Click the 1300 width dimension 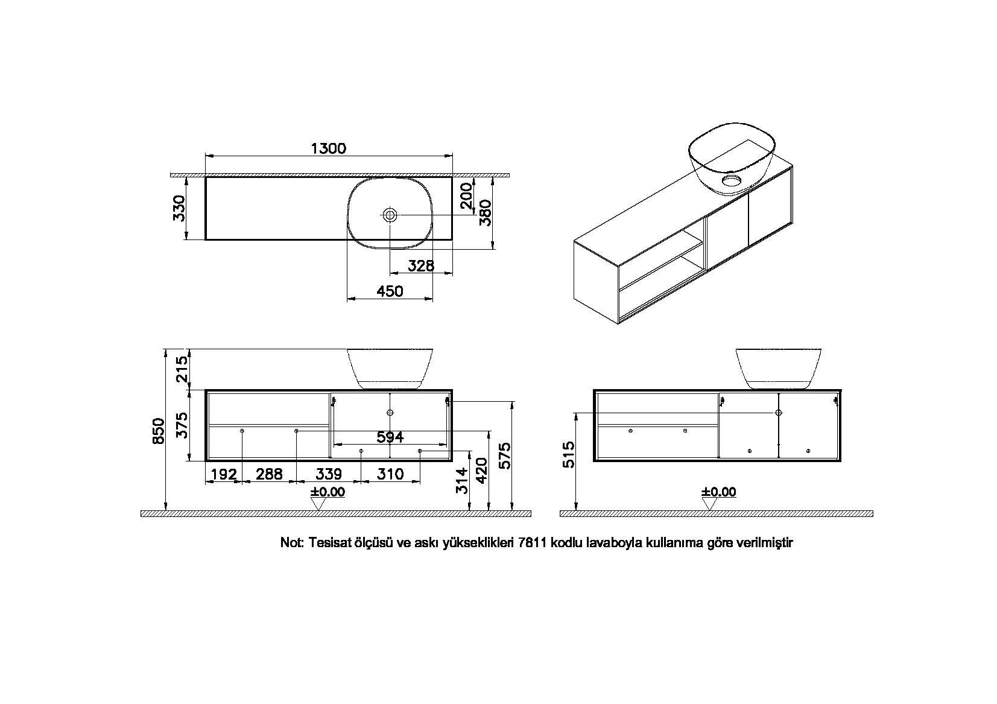coord(329,148)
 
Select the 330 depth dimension coord(179,208)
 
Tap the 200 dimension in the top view coord(466,196)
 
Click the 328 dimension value coord(421,266)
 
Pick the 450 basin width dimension coord(390,291)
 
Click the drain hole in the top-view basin coord(390,215)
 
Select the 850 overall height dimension coord(159,431)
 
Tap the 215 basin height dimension coord(183,370)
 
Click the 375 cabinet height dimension coord(183,425)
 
